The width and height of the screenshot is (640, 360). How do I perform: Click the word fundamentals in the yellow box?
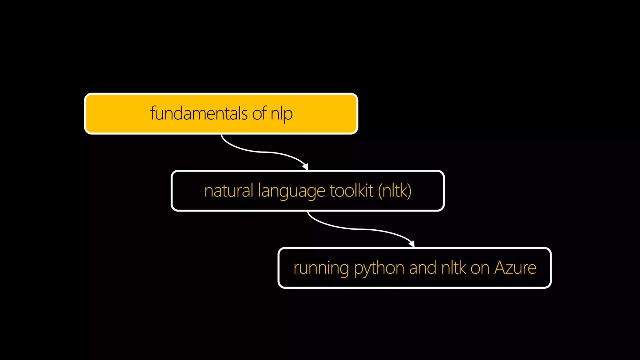pos(199,113)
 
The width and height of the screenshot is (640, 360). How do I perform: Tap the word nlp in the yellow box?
pos(282,114)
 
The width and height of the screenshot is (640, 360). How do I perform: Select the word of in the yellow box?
pos(259,113)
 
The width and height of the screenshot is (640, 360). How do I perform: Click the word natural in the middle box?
pos(229,191)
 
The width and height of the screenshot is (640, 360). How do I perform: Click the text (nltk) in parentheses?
pos(395,191)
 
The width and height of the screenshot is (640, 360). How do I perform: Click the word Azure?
pos(515,268)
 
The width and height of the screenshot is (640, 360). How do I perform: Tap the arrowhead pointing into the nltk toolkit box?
pos(306,167)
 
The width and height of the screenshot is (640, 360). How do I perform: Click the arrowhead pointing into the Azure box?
pos(412,244)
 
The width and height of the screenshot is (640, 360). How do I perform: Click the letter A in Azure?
pos(501,268)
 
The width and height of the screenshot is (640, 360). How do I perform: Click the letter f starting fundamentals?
pos(153,112)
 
